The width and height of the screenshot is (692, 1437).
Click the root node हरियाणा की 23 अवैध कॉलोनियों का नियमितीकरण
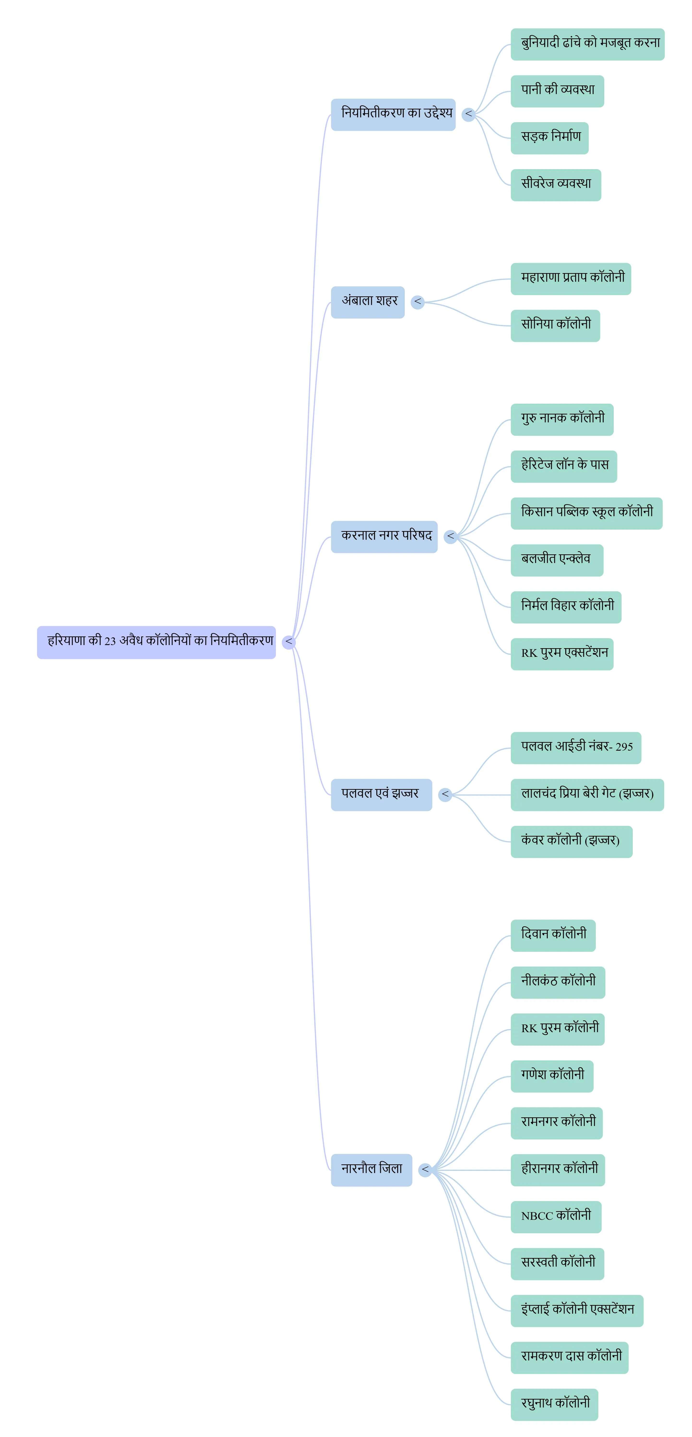point(156,642)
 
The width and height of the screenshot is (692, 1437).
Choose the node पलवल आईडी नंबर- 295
point(575,748)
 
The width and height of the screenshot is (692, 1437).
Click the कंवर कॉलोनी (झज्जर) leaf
point(571,841)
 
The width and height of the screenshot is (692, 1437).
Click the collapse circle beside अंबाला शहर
point(417,302)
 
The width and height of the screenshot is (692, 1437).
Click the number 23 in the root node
point(110,641)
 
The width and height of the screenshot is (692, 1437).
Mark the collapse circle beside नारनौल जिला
point(425,1170)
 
